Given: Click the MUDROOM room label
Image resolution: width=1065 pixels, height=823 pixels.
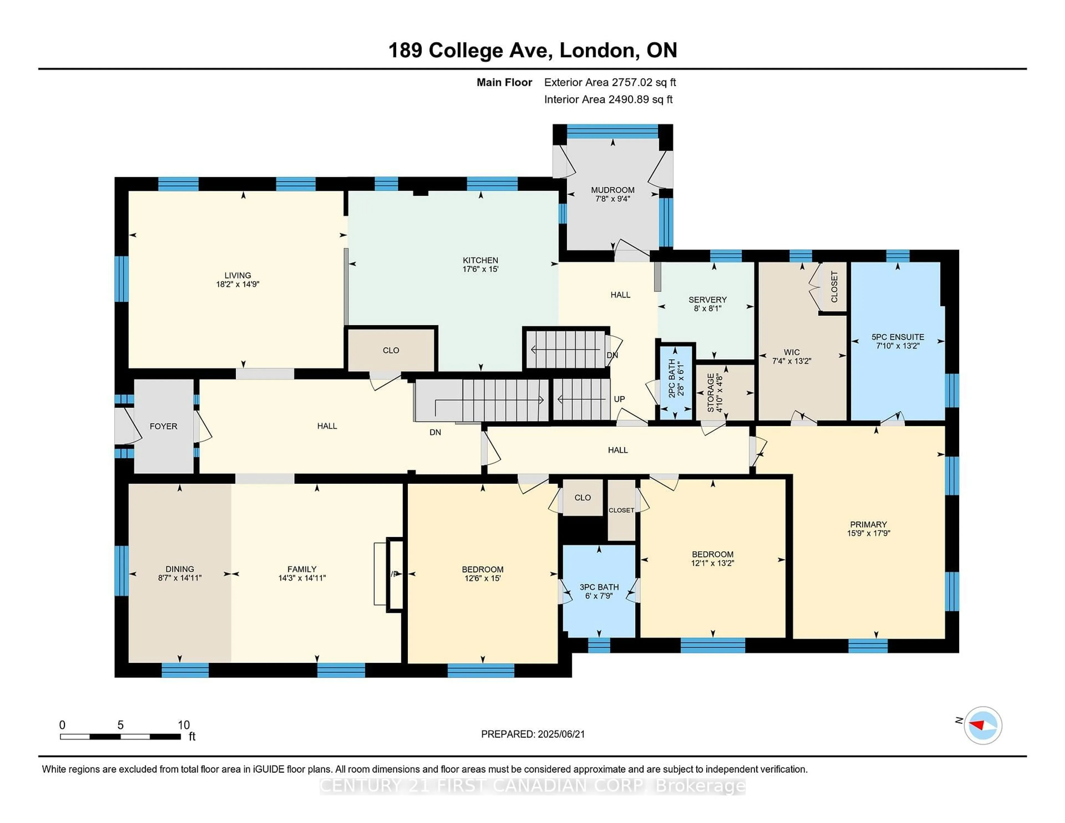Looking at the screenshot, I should tap(612, 190).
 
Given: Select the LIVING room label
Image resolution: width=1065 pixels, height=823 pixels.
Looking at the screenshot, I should tap(237, 275).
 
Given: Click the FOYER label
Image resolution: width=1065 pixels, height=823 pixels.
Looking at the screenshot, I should tap(163, 426).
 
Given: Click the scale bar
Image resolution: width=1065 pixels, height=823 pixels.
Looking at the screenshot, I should tap(120, 736).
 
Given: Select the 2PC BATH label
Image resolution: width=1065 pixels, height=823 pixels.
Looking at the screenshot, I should tap(671, 378).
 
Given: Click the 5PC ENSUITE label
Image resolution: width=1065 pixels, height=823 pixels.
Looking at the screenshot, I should tap(898, 337).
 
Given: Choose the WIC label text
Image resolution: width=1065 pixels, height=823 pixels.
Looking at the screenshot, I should tap(792, 352).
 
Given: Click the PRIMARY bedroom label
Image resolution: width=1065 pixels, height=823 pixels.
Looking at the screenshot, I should tap(868, 525).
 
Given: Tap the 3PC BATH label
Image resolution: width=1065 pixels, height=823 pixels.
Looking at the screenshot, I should tap(599, 587).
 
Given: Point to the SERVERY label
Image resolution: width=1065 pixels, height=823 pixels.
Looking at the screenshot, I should tap(707, 299).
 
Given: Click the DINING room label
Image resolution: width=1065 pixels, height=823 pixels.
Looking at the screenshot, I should tap(179, 569).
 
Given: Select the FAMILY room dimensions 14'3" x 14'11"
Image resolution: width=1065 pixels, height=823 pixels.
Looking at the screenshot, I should tap(302, 578).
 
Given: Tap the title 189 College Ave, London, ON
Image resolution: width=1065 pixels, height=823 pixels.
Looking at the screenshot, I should tap(532, 50).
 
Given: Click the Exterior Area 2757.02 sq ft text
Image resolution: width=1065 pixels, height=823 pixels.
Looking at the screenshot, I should tap(610, 82).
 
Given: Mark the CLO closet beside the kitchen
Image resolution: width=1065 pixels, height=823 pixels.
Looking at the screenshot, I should tap(390, 350).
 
